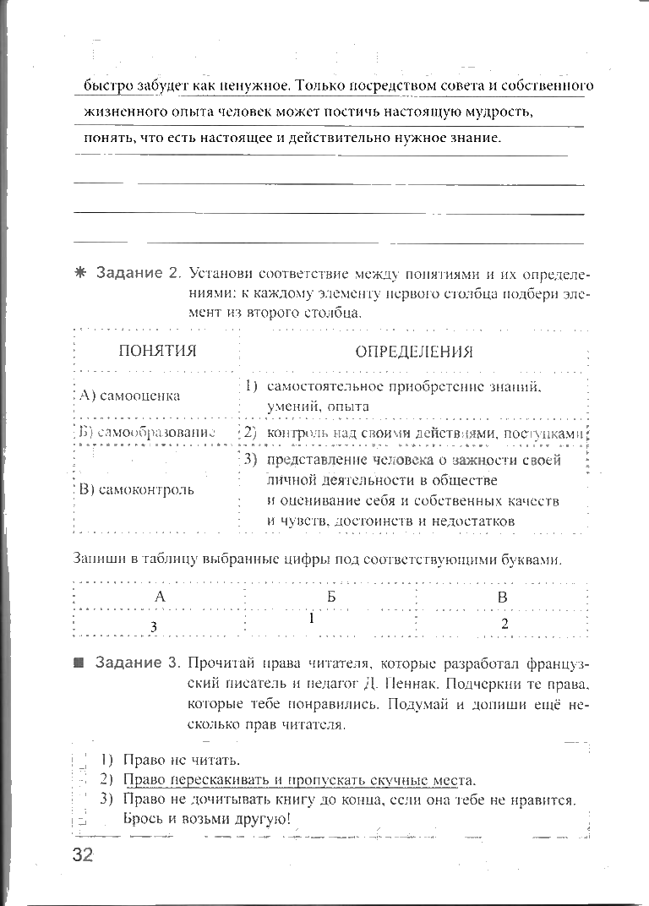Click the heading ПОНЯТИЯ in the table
[157, 351]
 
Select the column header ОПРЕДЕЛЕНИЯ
[414, 352]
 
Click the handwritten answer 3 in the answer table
[153, 626]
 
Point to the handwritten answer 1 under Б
[312, 618]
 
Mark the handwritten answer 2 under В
[504, 624]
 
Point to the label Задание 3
[139, 662]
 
